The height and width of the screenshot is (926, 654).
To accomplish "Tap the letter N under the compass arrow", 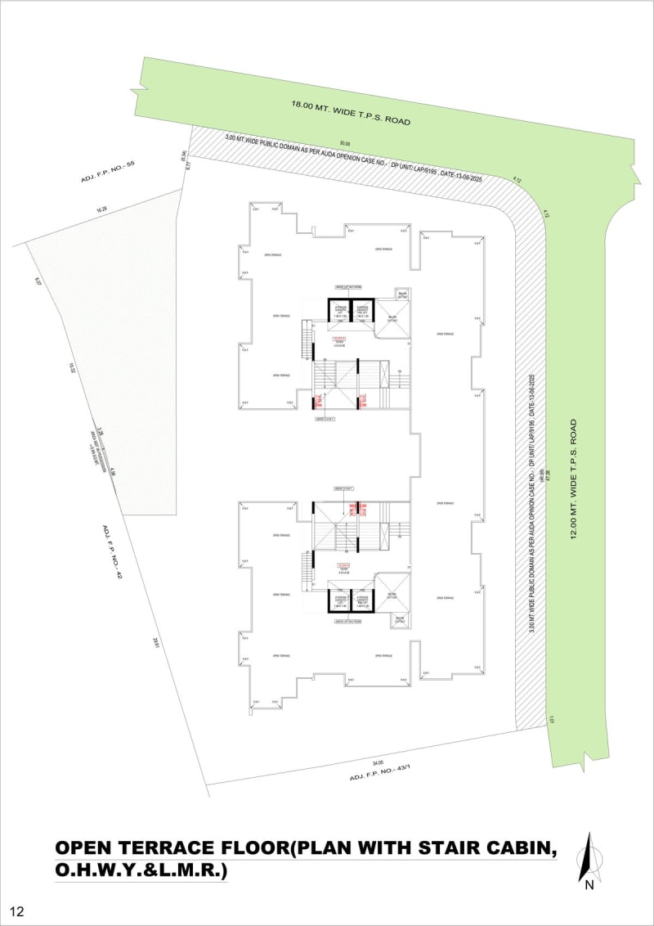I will point(588,883).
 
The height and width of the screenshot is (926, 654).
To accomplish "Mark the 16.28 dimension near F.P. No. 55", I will point(102,210).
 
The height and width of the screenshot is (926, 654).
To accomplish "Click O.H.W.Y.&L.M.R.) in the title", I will point(140,872).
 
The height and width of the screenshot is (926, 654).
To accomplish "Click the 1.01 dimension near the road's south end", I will point(553,720).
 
